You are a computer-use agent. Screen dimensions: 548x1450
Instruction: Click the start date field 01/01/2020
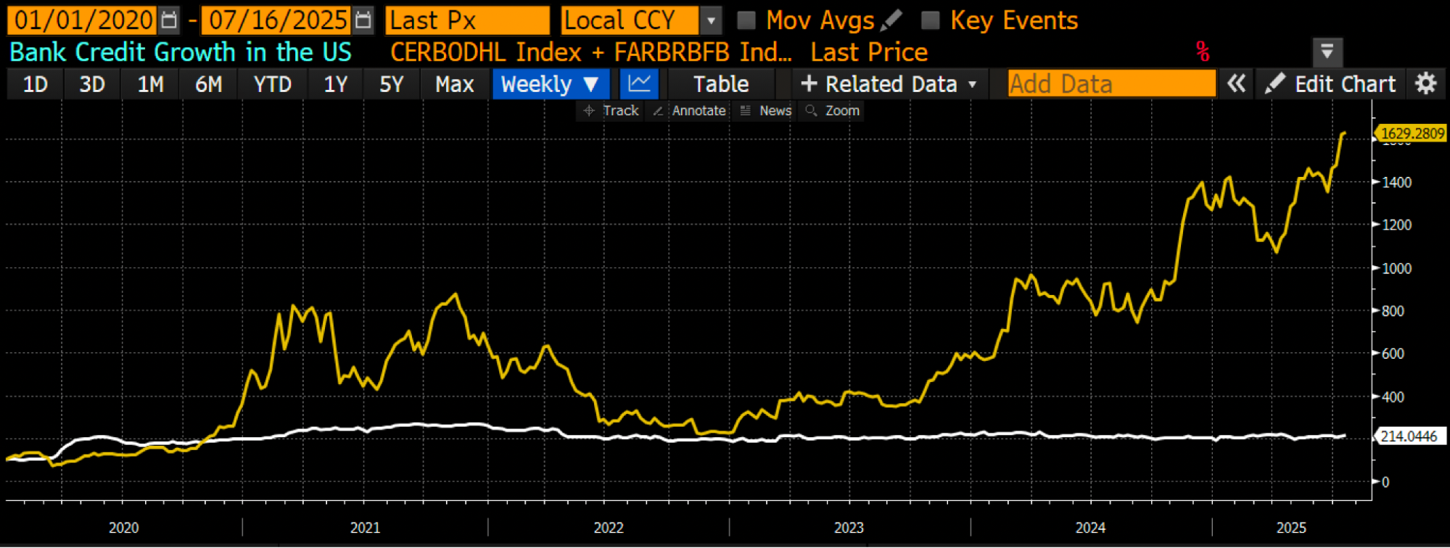82,20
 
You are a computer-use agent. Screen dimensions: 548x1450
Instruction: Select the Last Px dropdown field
467,20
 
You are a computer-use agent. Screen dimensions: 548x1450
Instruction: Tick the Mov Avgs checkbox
746,20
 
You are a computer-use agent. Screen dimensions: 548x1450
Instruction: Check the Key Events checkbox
930,20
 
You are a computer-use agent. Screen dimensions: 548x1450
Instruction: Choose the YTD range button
272,84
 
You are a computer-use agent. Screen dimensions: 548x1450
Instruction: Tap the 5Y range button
391,84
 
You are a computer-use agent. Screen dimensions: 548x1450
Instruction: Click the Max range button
454,84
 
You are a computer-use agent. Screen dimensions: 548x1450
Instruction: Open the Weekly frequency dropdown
550,84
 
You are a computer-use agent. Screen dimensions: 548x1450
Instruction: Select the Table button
720,84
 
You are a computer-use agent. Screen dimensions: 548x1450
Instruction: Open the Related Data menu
889,84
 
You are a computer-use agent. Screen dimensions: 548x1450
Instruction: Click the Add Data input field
1111,84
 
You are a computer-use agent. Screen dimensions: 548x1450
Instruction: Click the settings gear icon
1425,84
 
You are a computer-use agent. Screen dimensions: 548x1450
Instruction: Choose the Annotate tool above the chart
690,111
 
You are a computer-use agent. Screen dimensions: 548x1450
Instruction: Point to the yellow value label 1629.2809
1412,133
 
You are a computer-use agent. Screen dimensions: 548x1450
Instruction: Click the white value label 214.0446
1409,436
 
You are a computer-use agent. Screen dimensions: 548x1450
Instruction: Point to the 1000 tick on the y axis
1396,268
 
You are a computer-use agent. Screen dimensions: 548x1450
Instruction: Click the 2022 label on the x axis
608,528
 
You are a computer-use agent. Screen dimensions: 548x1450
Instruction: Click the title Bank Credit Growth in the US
181,52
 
